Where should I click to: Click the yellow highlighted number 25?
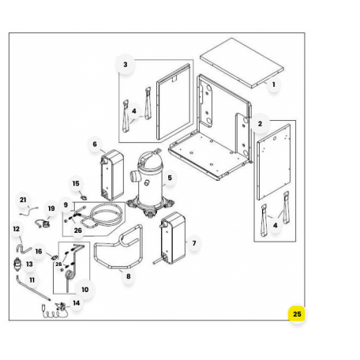(x=297, y=314)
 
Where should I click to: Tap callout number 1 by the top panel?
(x=274, y=84)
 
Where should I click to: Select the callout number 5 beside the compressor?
(x=170, y=178)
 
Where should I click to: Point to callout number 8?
(x=128, y=276)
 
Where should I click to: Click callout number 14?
(x=77, y=303)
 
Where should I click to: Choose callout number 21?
(x=23, y=200)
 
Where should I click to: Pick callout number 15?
(x=76, y=183)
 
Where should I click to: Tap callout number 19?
(x=51, y=208)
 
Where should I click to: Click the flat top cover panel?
(x=242, y=63)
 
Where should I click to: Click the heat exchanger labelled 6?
(x=112, y=175)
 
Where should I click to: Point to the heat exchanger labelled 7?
(x=173, y=238)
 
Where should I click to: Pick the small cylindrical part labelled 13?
(x=17, y=264)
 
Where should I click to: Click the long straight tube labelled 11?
(x=33, y=288)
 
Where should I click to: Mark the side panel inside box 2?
(x=274, y=162)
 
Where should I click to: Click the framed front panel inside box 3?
(x=174, y=102)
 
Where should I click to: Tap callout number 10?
(x=85, y=290)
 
